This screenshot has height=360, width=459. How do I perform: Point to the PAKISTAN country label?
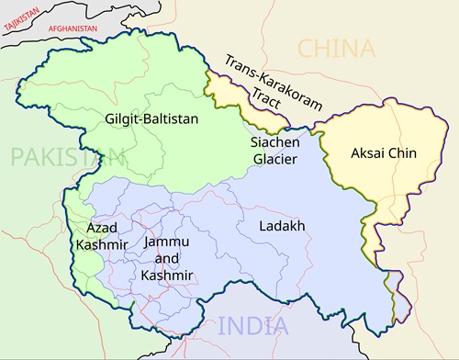click(x=54, y=157)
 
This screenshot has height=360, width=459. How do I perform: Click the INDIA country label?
click(x=252, y=325)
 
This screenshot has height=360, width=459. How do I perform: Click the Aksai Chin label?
click(x=384, y=153)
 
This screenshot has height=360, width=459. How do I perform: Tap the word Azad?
click(x=102, y=227)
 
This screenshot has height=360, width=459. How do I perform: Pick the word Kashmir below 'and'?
click(x=167, y=275)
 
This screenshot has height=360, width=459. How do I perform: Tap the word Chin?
click(x=402, y=153)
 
